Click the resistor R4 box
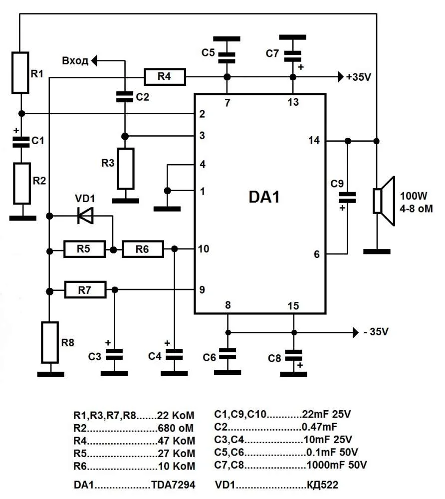click(165, 77)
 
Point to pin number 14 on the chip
click(314, 141)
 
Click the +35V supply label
click(360, 77)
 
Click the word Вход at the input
click(75, 61)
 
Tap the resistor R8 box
click(50, 342)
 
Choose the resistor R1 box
click(20, 72)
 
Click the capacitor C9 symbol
click(347, 197)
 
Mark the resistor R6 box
click(143, 249)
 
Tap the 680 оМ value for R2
click(175, 428)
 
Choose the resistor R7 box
click(85, 289)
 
